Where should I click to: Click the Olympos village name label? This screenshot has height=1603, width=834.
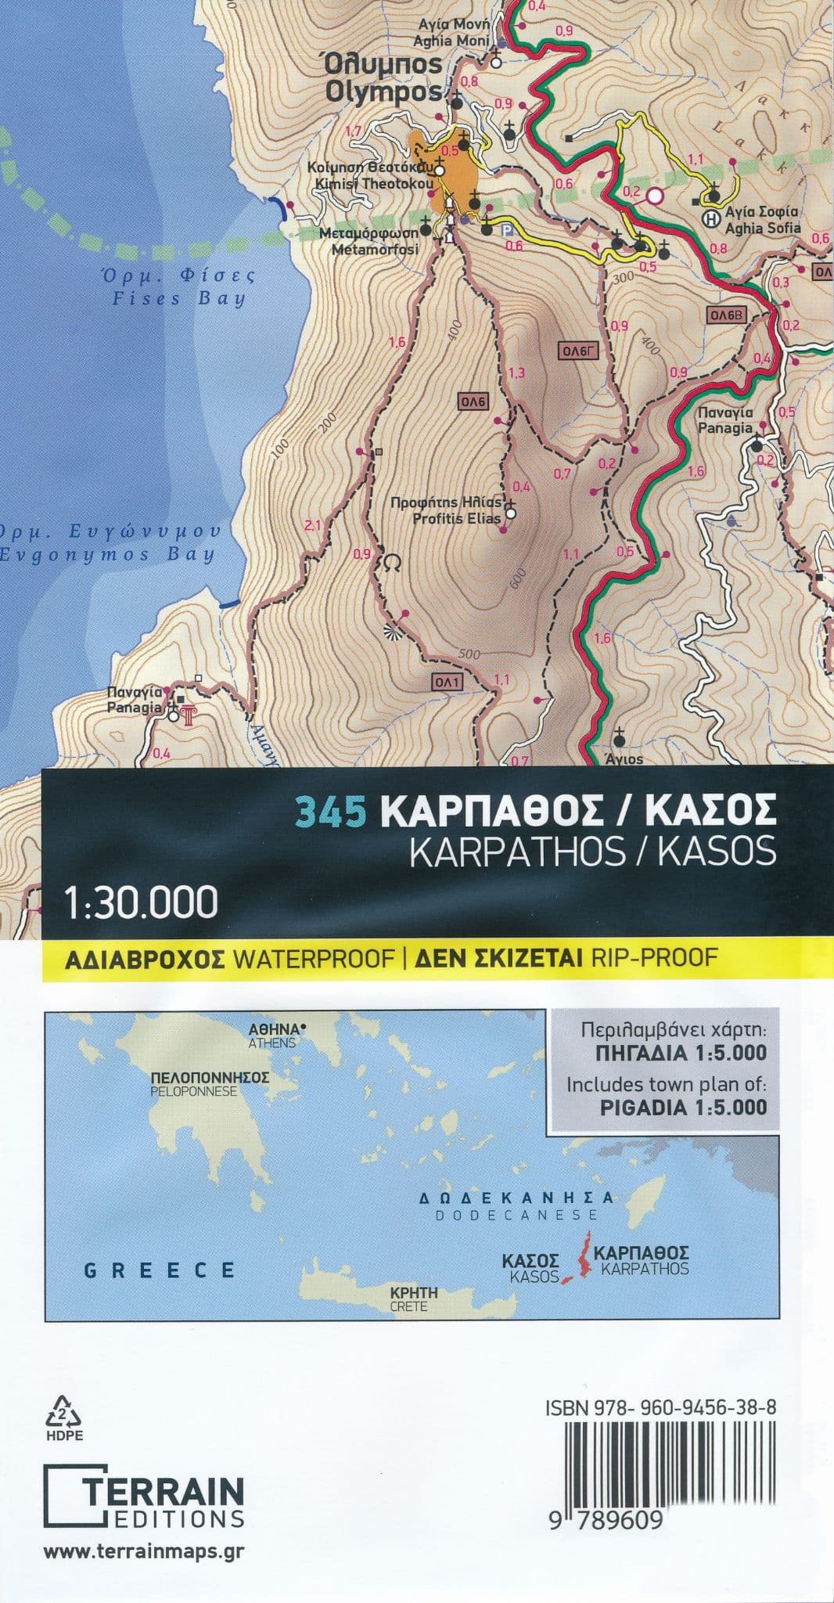383,78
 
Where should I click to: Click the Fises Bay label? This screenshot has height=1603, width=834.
178,287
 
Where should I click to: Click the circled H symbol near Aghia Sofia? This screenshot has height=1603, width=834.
710,218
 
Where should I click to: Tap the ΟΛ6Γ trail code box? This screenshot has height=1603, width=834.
578,351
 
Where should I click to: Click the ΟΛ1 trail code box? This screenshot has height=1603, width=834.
448,683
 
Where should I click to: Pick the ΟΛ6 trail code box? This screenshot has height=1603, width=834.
473,402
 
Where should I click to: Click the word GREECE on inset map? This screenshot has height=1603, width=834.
159,1270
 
